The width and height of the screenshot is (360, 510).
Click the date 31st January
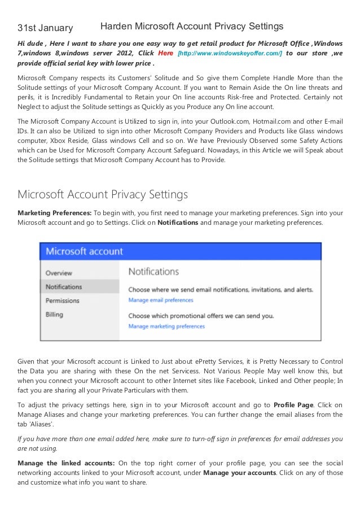click(45, 28)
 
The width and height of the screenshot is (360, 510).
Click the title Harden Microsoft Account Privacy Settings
click(191, 26)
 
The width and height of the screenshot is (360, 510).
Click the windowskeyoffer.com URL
click(230, 53)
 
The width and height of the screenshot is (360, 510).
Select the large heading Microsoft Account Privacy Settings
click(103, 195)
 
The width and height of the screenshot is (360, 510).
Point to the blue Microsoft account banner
click(180, 251)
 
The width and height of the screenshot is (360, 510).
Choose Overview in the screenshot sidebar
click(59, 273)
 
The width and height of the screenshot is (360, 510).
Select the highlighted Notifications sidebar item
click(64, 286)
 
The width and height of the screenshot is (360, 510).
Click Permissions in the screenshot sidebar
click(63, 300)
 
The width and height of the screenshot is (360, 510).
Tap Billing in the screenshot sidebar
click(55, 314)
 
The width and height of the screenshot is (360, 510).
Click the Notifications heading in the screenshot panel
click(154, 272)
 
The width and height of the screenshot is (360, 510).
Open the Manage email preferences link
click(161, 300)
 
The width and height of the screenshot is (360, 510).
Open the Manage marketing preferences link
click(166, 326)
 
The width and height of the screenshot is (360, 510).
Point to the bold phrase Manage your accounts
click(239, 473)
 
